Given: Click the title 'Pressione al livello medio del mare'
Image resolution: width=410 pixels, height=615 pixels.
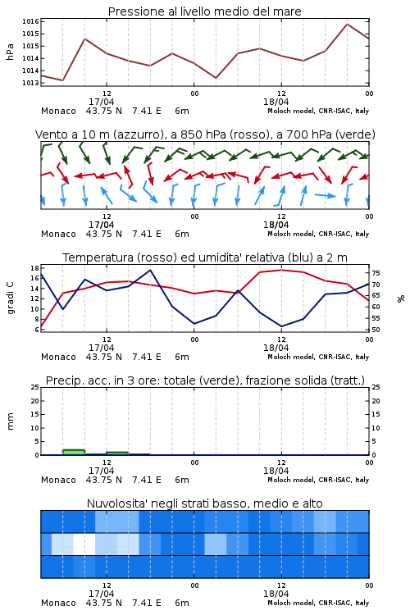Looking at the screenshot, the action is click(x=204, y=11).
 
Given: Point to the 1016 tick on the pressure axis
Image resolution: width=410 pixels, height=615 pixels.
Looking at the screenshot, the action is click(x=30, y=21).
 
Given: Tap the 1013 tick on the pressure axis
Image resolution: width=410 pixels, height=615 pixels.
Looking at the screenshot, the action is click(x=30, y=83).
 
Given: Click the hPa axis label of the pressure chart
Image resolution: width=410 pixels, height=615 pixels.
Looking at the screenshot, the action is click(x=10, y=52).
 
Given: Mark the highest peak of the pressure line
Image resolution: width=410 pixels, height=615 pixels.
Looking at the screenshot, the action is click(x=347, y=24).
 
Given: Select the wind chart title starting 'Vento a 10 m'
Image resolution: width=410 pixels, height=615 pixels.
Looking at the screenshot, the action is click(x=205, y=134).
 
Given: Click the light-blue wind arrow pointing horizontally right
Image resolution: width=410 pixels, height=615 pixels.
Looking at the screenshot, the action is click(x=325, y=195).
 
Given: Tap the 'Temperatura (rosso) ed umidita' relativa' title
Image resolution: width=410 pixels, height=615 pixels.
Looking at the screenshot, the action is click(x=204, y=257).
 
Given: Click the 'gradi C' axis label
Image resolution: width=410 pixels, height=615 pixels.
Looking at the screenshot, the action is click(x=10, y=298).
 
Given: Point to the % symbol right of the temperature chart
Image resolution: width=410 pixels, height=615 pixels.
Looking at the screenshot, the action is click(x=401, y=298).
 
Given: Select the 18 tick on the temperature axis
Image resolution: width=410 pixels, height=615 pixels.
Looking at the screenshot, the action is click(x=34, y=268).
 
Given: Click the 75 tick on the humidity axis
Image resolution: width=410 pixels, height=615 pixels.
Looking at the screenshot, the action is click(x=376, y=273).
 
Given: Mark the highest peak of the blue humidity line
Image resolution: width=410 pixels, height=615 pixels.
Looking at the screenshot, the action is click(x=150, y=270).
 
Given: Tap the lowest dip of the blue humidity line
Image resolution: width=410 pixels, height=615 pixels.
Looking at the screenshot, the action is click(x=281, y=326).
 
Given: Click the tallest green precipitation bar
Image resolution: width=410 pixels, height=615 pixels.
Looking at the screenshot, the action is click(x=73, y=452).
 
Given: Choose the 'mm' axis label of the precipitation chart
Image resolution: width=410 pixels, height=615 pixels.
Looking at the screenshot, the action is click(x=10, y=421).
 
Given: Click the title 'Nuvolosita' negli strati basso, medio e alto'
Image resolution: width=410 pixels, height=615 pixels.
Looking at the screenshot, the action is click(x=204, y=503).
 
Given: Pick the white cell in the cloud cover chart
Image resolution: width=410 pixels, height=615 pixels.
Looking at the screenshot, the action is click(x=84, y=544).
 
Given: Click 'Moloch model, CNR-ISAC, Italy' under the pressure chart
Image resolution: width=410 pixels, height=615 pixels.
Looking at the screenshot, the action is click(x=318, y=111).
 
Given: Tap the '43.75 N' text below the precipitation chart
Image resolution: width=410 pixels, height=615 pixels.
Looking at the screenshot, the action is click(x=104, y=480).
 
